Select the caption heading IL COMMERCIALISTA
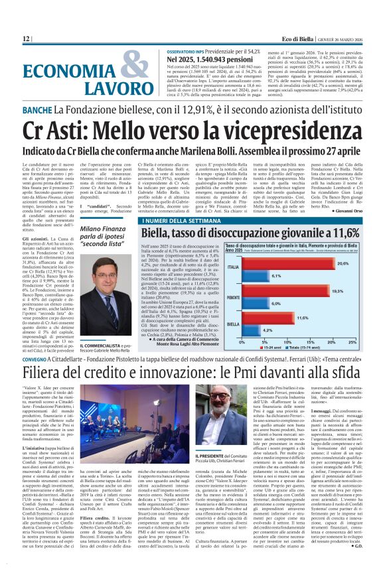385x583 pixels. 102,346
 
